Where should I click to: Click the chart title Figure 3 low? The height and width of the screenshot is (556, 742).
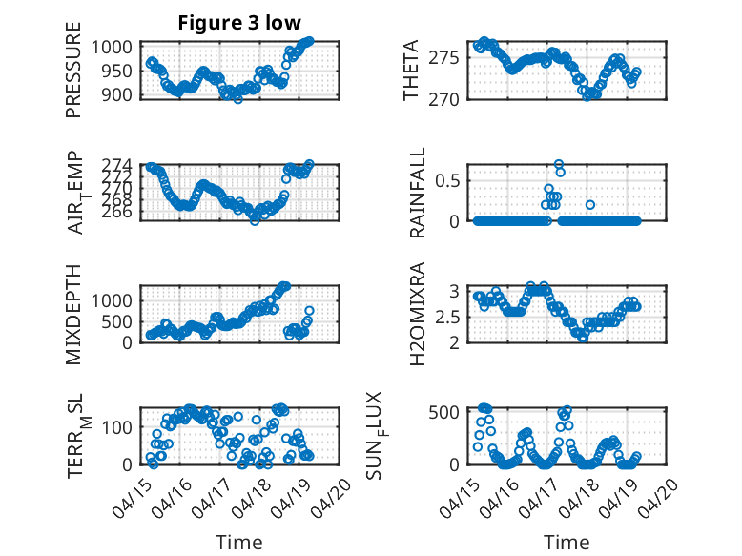(239, 23)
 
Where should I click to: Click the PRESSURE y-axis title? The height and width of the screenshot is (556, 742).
(73, 70)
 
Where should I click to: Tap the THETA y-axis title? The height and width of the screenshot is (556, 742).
(411, 70)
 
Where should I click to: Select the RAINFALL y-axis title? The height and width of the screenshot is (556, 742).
(418, 193)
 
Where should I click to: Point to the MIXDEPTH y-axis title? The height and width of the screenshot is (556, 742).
(73, 315)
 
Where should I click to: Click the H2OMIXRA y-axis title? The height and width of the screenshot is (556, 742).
(418, 314)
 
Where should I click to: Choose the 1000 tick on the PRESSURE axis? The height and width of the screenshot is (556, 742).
(112, 48)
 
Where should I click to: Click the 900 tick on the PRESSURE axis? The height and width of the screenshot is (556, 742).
(116, 94)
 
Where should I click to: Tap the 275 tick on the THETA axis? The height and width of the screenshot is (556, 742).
(443, 58)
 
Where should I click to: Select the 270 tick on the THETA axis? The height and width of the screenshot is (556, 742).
(443, 99)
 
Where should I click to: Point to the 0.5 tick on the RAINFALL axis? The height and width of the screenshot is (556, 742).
(447, 181)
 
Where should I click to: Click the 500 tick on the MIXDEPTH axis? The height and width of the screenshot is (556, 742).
(116, 321)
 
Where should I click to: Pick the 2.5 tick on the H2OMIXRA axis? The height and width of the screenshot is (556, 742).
(447, 317)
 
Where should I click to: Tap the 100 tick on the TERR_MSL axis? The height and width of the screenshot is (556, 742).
(116, 428)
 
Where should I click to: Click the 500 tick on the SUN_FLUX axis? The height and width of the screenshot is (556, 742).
(443, 412)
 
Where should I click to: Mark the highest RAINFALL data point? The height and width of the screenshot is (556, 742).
(559, 164)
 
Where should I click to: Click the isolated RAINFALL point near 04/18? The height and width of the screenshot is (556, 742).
(590, 205)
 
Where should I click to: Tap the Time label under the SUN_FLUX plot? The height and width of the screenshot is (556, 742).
(567, 542)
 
